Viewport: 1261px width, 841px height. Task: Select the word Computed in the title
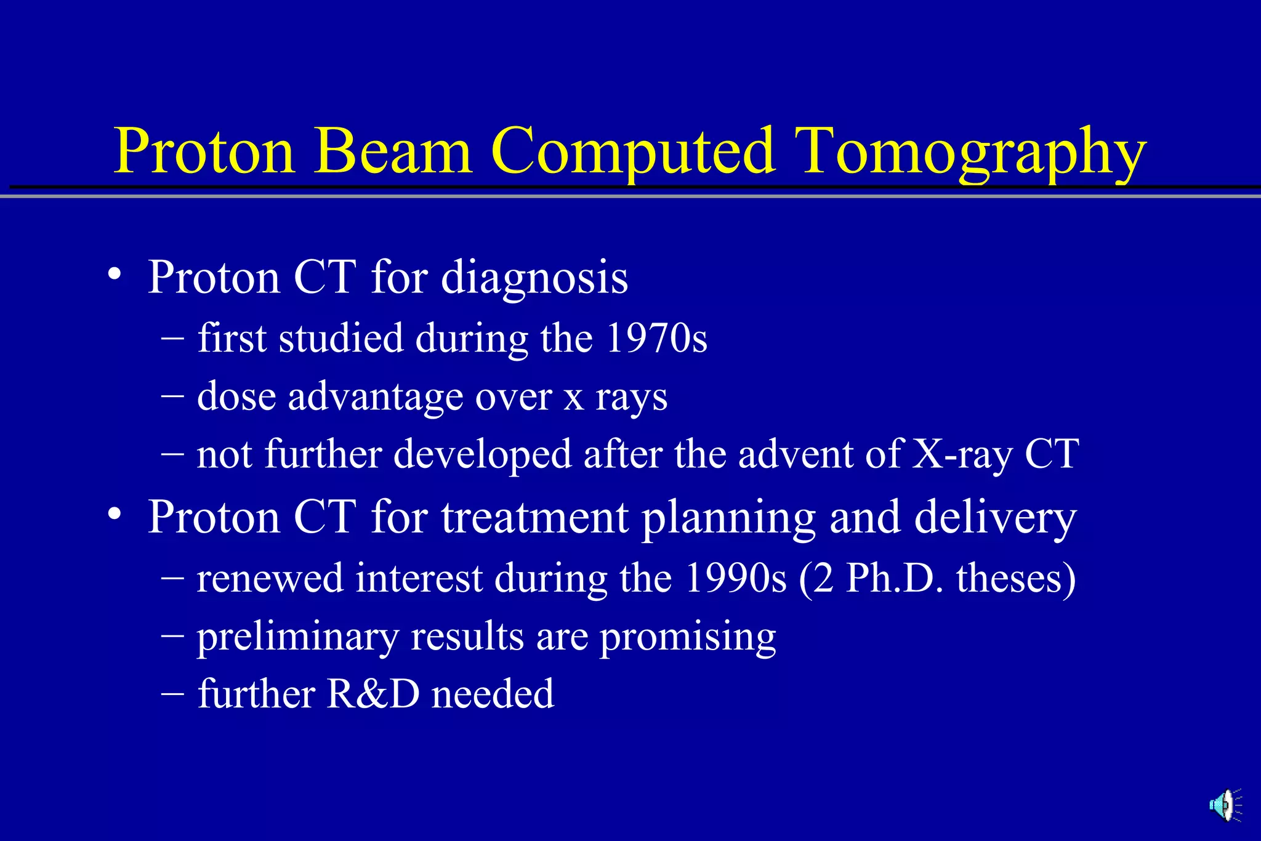(x=632, y=152)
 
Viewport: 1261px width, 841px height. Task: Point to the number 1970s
(x=656, y=339)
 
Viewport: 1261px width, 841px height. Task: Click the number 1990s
(x=736, y=579)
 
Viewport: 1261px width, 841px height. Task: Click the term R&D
(x=373, y=694)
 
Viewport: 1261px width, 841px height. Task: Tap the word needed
(x=493, y=694)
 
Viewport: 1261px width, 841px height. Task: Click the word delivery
(x=995, y=517)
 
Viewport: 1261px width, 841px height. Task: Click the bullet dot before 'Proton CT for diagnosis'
(x=113, y=274)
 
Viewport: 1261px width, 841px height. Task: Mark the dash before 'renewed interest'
(x=172, y=578)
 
